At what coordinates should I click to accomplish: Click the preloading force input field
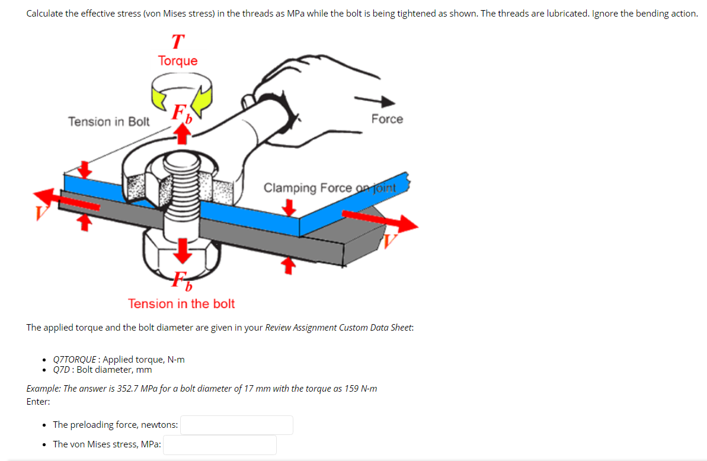coord(236,425)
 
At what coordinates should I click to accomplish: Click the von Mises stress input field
coord(219,444)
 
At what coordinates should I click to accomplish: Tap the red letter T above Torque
coord(177,42)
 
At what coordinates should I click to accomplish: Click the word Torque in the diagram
coord(178,61)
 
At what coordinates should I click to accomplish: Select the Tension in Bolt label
coord(109,121)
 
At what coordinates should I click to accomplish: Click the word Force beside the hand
coord(387,119)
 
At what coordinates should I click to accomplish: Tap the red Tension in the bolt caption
coord(181,304)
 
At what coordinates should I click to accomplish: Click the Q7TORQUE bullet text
coord(119,359)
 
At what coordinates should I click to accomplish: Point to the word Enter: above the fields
coord(39,401)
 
